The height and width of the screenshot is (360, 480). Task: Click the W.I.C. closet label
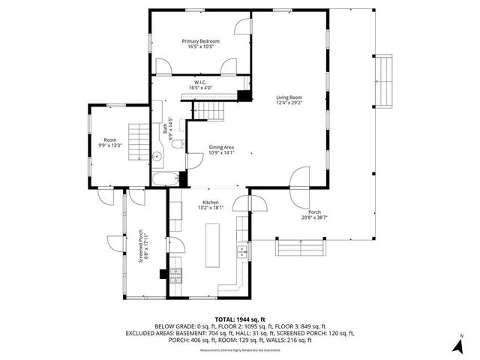pyautogui.click(x=200, y=82)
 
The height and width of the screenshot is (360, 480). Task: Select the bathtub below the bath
pyautogui.click(x=166, y=179)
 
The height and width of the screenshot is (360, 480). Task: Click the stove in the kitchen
pyautogui.click(x=175, y=274)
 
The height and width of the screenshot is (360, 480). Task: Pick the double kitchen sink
pyautogui.click(x=242, y=250)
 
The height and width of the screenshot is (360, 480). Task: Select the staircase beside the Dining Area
pyautogui.click(x=211, y=111)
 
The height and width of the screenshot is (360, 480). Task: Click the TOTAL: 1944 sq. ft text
pyautogui.click(x=240, y=319)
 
